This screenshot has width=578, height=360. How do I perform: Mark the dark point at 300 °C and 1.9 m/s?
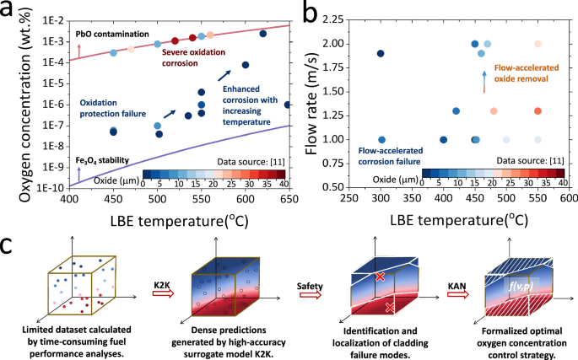click(x=381, y=53)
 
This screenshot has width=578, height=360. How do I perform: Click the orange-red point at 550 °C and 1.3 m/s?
click(x=537, y=110)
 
